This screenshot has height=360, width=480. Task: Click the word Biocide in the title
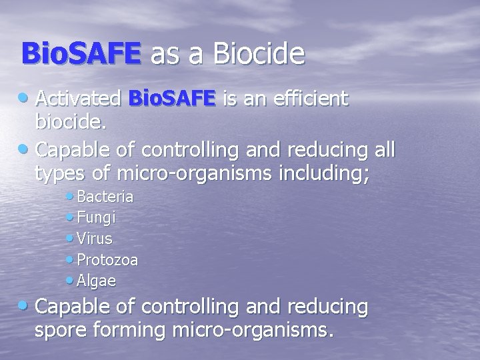tap(260, 54)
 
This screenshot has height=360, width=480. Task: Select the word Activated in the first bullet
tap(77, 99)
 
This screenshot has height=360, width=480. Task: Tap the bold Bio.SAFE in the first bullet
tap(173, 99)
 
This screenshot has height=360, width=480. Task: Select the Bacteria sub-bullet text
tap(105, 197)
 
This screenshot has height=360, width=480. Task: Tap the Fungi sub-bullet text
tap(97, 218)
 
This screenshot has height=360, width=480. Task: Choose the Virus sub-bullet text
tap(95, 239)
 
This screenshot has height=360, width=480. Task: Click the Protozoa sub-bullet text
tap(107, 260)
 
